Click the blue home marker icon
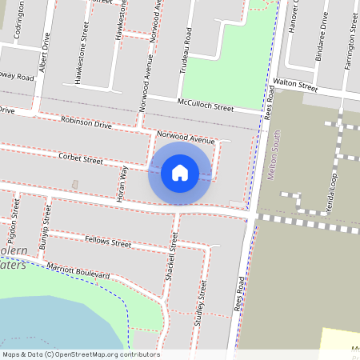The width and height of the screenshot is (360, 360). click(x=180, y=172)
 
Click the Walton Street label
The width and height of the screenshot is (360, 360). click(x=295, y=84)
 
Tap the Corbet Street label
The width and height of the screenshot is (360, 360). click(x=81, y=159)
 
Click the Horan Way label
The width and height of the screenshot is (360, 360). click(x=124, y=184)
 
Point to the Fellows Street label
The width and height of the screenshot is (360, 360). click(x=108, y=242)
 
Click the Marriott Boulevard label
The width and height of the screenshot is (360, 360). click(x=78, y=270)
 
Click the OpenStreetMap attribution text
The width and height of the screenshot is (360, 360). click(x=80, y=354)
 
